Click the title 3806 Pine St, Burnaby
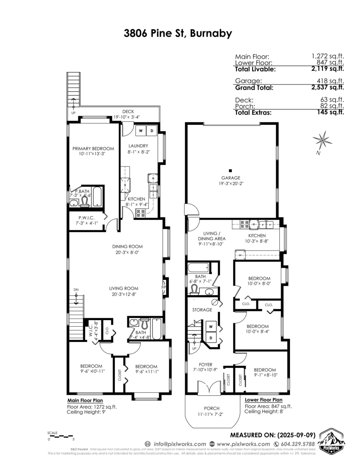pos(178,34)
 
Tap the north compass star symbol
pos(322,141)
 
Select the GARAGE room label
pos(231,178)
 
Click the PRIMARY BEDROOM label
pos(93,148)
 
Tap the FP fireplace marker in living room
pos(163,288)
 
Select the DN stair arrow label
pos(76,290)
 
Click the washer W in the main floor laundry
pos(141,131)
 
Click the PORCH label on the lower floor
pos(212,408)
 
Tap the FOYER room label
pos(205,365)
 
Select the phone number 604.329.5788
pos(297,444)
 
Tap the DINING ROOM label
pos(127,246)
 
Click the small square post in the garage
pos(230,170)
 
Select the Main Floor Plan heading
pos(85,400)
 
